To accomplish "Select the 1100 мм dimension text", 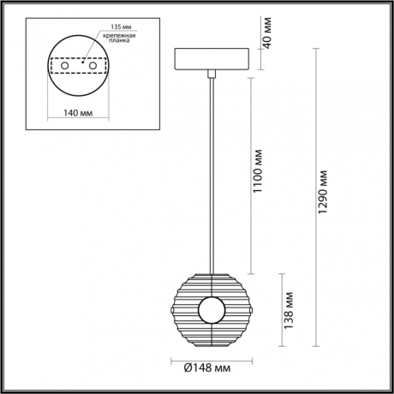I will (258, 170).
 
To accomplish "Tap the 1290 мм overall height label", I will (323, 193).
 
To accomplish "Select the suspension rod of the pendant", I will (209, 171).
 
